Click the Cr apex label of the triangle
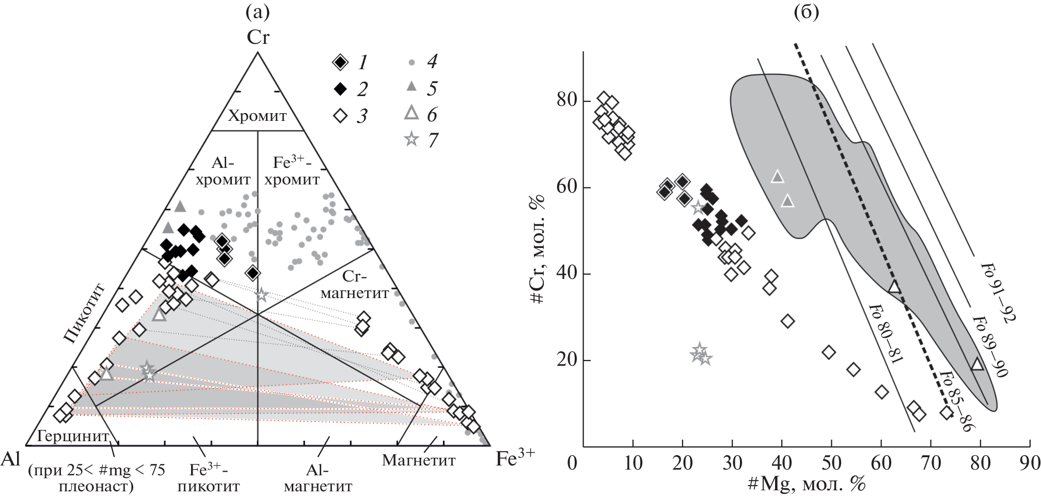(x=258, y=37)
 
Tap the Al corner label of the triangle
(x=10, y=458)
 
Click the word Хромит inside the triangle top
(x=257, y=116)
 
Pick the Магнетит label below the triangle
(x=419, y=460)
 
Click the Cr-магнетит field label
(x=355, y=285)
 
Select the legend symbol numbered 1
(x=340, y=63)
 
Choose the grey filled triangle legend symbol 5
(x=412, y=86)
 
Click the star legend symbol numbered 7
(x=412, y=139)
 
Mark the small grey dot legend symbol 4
(x=412, y=63)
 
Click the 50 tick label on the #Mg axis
(x=831, y=463)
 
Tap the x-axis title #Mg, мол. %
(x=806, y=484)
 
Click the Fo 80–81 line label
(x=886, y=333)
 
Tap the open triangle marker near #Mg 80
(x=977, y=364)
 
